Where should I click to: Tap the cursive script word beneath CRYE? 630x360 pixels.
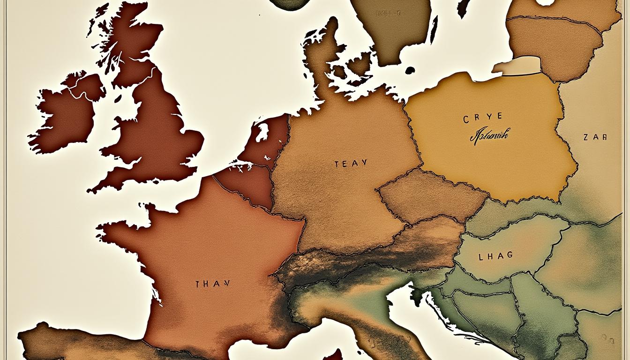tap(489, 135)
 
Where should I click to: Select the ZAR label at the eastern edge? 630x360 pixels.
tap(595, 138)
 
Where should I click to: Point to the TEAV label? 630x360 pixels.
tap(351, 164)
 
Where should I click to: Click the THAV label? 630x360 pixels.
tap(212, 284)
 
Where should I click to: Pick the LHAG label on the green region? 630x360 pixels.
tap(495, 256)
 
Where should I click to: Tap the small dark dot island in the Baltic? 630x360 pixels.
tap(410, 70)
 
